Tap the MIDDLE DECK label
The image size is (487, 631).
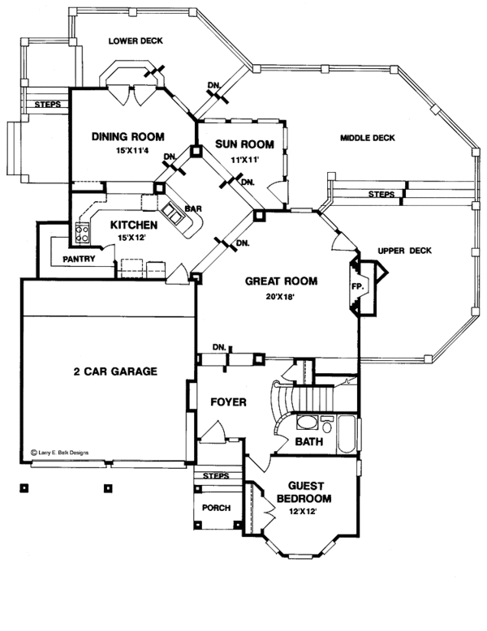(368, 139)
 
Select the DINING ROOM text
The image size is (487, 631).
(128, 136)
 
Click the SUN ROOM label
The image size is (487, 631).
(244, 144)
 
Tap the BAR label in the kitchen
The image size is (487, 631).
(193, 209)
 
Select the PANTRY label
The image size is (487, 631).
(79, 260)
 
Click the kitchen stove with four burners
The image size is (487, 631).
(82, 234)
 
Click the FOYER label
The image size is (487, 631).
(228, 402)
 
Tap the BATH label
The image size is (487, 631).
(309, 443)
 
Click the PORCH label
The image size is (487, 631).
(217, 509)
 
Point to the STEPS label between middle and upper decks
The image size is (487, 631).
(381, 195)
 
